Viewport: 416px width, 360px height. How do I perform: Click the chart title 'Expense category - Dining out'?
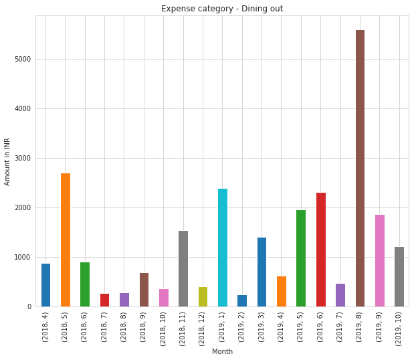click(x=221, y=9)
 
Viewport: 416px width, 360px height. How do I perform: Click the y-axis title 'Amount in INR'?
click(x=7, y=161)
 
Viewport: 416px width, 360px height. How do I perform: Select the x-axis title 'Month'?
click(x=222, y=351)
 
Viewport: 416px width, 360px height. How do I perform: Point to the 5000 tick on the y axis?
click(x=23, y=60)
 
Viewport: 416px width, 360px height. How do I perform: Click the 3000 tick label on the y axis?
click(x=23, y=159)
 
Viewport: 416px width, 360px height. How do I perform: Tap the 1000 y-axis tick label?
click(x=23, y=258)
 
